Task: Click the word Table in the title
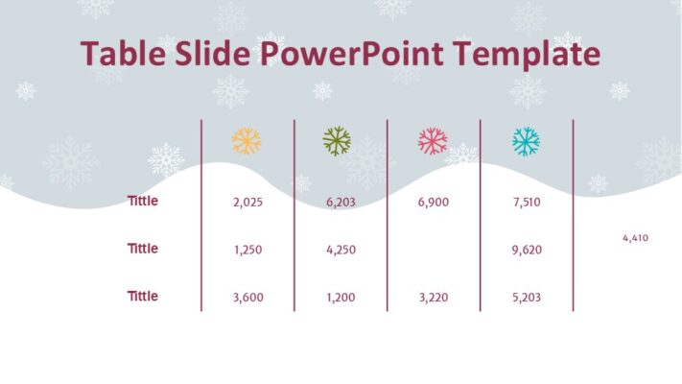(x=118, y=54)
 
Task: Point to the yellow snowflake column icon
(x=247, y=142)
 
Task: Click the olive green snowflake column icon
(x=337, y=142)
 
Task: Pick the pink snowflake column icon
(x=433, y=142)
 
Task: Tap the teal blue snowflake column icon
(x=526, y=142)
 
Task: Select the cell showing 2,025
(x=247, y=203)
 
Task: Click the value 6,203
(x=341, y=203)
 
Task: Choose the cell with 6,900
(x=434, y=203)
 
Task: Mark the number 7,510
(x=527, y=203)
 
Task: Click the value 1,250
(x=247, y=250)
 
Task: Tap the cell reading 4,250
(x=341, y=250)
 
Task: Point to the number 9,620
(x=527, y=250)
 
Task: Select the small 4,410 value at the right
(x=635, y=237)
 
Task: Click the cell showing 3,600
(x=247, y=298)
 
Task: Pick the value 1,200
(x=341, y=298)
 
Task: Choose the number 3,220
(x=434, y=298)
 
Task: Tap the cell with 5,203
(x=527, y=298)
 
